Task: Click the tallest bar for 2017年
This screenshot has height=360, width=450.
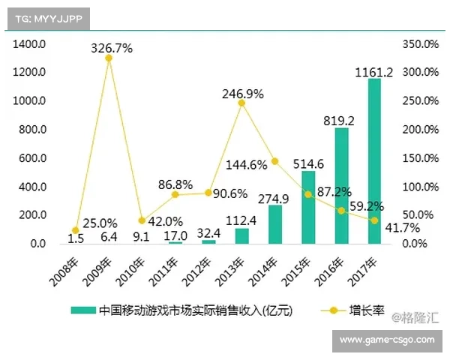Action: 374,161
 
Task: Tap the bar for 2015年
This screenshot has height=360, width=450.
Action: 308,208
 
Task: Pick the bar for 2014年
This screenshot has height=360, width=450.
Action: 275,224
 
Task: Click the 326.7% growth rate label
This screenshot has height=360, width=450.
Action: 112,48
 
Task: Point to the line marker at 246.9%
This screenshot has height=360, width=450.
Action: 241,103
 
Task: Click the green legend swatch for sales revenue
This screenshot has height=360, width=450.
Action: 82,310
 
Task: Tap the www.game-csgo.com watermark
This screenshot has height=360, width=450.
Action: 386,340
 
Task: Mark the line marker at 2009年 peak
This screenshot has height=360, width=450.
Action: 109,58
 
